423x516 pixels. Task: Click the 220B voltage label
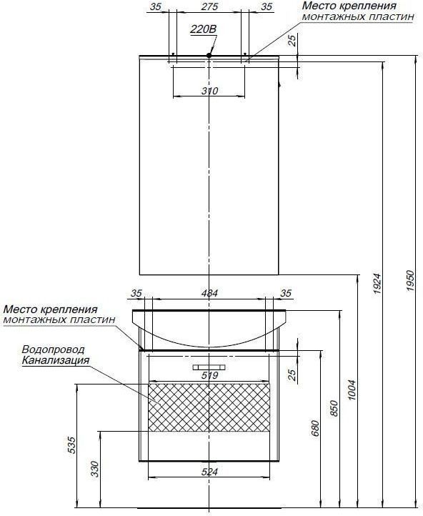click(204, 29)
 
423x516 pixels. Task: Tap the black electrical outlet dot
click(209, 55)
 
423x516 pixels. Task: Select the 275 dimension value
click(209, 6)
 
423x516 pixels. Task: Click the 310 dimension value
click(209, 91)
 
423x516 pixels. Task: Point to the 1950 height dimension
click(410, 280)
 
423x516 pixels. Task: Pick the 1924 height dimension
click(377, 283)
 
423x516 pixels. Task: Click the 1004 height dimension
click(352, 390)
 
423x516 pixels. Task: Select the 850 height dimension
click(334, 408)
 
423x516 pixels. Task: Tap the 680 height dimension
click(315, 428)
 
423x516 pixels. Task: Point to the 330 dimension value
click(95, 469)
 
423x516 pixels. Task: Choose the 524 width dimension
click(209, 472)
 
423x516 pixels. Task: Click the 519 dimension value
click(209, 375)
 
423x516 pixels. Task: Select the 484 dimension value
click(209, 293)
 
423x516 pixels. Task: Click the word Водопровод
click(54, 349)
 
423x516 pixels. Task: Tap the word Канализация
click(56, 360)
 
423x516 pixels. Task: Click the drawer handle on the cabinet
click(209, 367)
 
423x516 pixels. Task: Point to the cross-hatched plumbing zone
click(209, 407)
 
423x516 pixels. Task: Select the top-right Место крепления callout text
click(358, 11)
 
